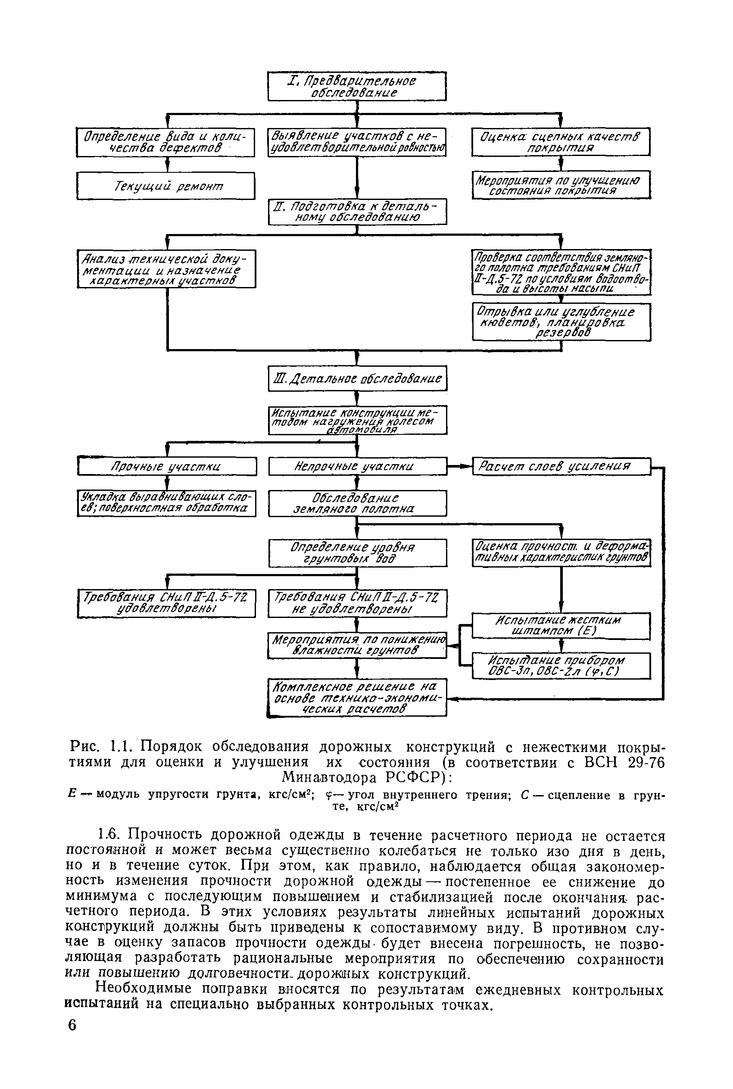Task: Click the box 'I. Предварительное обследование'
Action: (x=357, y=86)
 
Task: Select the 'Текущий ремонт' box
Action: (x=166, y=186)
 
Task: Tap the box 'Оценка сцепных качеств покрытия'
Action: (x=561, y=142)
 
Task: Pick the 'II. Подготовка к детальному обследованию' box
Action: (x=357, y=212)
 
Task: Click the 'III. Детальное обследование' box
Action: (x=358, y=378)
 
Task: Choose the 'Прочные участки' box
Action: (x=167, y=466)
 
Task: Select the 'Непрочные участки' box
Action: (x=358, y=466)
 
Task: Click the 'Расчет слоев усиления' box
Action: (x=561, y=466)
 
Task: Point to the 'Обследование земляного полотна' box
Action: (x=358, y=503)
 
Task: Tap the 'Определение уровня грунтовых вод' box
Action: (x=358, y=553)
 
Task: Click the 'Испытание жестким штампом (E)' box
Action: (x=561, y=625)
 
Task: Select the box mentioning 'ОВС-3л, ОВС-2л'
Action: (x=561, y=666)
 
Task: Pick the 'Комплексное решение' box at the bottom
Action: (x=358, y=698)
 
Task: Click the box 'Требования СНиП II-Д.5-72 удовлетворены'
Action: (x=166, y=603)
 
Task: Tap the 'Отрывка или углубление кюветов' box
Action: (x=561, y=322)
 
